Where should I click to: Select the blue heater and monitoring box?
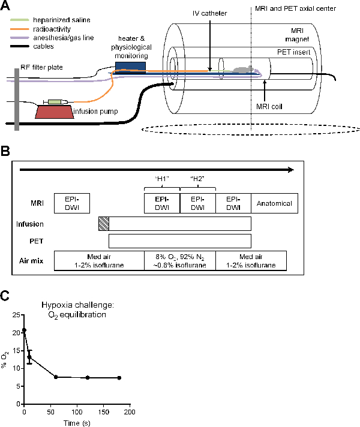coord(130,66)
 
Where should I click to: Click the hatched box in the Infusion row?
coord(103,223)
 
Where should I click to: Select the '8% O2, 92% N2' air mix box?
coord(179,260)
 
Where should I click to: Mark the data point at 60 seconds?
coord(56,377)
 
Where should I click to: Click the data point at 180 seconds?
coord(119,378)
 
